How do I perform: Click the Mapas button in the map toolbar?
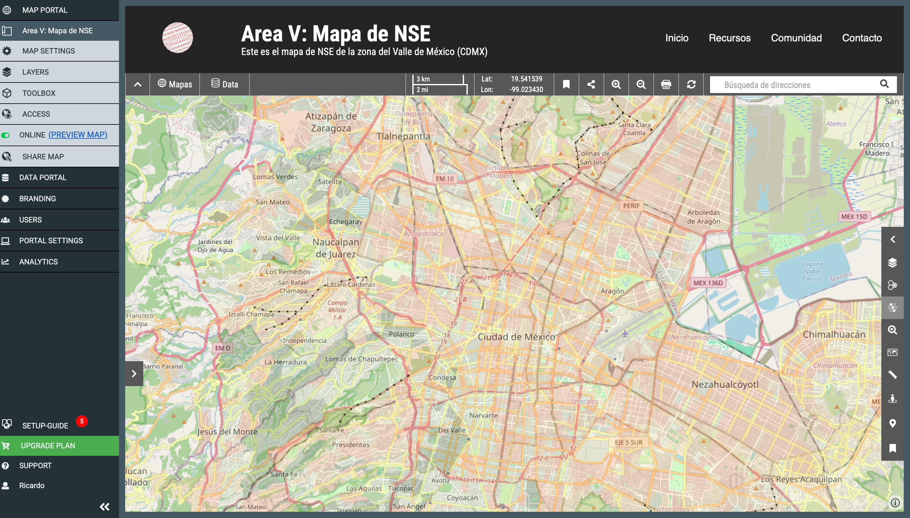click(175, 84)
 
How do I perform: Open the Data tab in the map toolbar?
click(225, 84)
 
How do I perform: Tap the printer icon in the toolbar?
click(666, 84)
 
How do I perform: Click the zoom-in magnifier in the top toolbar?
click(616, 84)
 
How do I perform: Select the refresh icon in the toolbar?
click(691, 84)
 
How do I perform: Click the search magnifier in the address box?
click(884, 84)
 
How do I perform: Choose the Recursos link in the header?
click(729, 38)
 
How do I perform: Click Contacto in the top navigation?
click(862, 38)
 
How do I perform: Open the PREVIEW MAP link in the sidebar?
click(78, 135)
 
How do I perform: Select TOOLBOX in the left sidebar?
click(39, 93)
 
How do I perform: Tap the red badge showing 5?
click(82, 421)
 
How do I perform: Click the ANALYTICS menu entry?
click(38, 262)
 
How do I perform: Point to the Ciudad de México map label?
click(516, 337)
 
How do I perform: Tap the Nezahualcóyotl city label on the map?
click(725, 385)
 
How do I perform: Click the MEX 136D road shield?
click(708, 283)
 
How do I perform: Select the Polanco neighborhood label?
click(401, 334)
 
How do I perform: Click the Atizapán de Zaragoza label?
click(331, 122)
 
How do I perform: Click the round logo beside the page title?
click(177, 38)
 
